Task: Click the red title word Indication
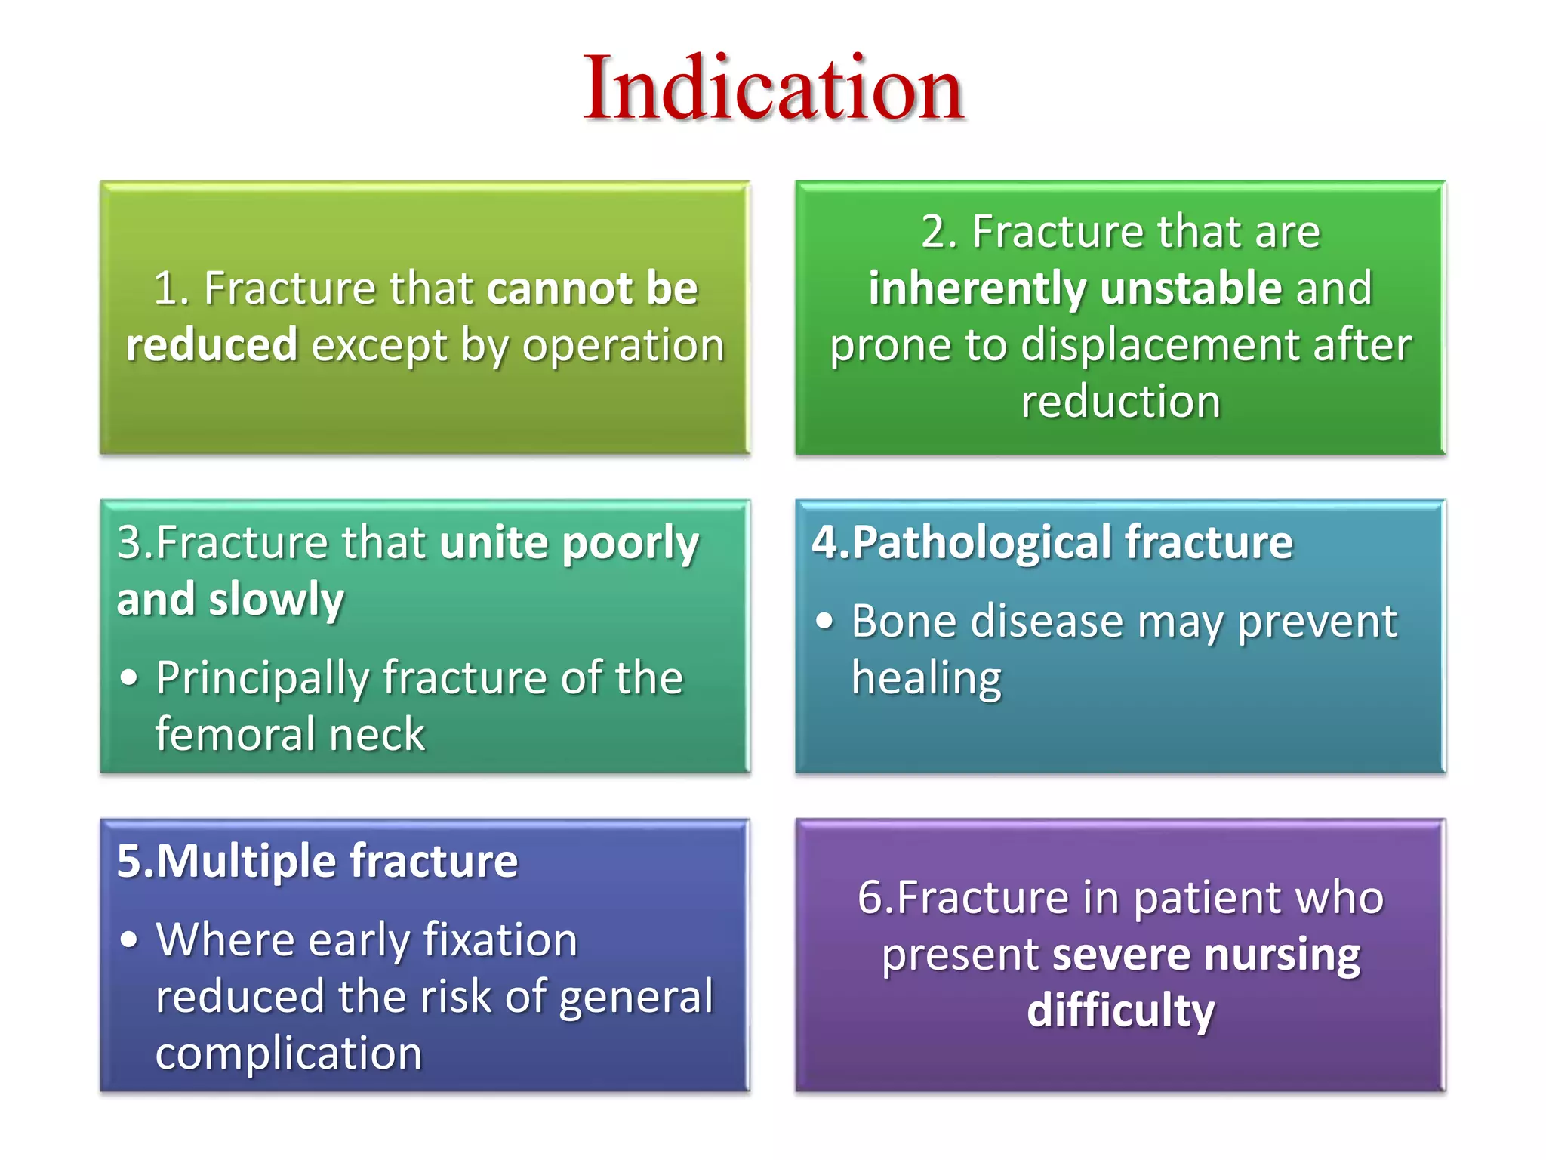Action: coord(773,89)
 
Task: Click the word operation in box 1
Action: coord(624,347)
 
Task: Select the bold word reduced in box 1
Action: coord(211,345)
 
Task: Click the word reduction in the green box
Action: coord(1120,401)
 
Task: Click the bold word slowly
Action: coord(276,600)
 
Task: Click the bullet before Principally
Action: coord(130,677)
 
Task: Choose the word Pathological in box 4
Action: coord(981,543)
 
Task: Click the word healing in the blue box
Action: coord(926,677)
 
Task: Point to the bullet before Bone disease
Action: coord(825,622)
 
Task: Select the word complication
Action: coord(288,1054)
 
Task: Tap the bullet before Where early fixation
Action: coord(130,940)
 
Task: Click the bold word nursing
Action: coord(1282,955)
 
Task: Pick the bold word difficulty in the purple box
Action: coord(1120,1010)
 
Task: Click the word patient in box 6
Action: coord(1206,899)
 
